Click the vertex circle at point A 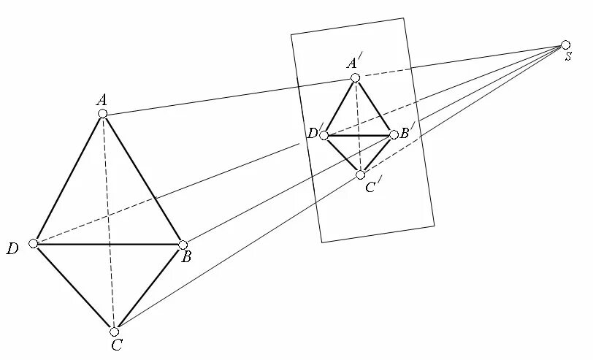103,113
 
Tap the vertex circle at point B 183,245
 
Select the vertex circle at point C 115,331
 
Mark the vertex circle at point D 34,243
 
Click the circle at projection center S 565,45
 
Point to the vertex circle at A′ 355,77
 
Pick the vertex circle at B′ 394,134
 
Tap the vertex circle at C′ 360,175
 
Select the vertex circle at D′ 324,135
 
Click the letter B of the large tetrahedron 186,258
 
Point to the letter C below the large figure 117,345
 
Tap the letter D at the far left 12,250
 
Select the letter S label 567,57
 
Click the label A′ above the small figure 352,63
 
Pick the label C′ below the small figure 370,188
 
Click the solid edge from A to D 68,179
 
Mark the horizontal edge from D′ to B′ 359,135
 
